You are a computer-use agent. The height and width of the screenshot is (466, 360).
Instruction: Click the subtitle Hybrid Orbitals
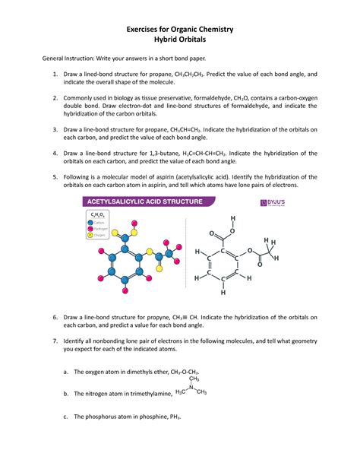[x=179, y=41]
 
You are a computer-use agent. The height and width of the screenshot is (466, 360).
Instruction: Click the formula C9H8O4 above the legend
[x=99, y=216]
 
